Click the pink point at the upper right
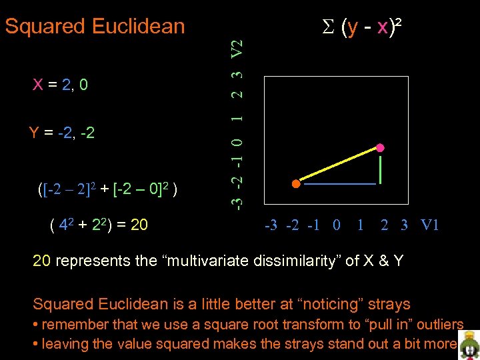click(381, 147)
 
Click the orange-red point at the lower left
click(295, 183)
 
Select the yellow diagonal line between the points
click(338, 165)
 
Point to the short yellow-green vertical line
click(380, 169)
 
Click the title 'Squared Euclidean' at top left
click(95, 27)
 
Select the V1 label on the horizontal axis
click(430, 225)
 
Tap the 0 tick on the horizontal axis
click(336, 225)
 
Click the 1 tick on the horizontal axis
click(360, 225)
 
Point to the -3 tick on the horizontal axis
click(271, 225)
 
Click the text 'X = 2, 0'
click(61, 85)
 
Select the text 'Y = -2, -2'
click(61, 133)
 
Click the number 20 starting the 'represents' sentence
click(41, 261)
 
